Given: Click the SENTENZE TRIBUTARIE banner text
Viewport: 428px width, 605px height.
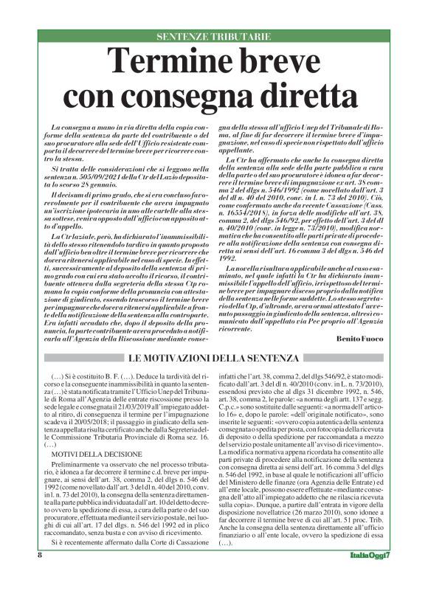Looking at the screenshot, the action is pyautogui.click(x=214, y=36).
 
